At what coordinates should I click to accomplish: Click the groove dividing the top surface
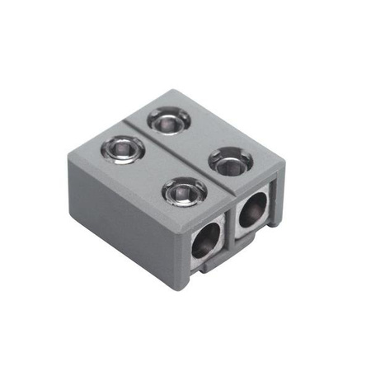tap(173, 157)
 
